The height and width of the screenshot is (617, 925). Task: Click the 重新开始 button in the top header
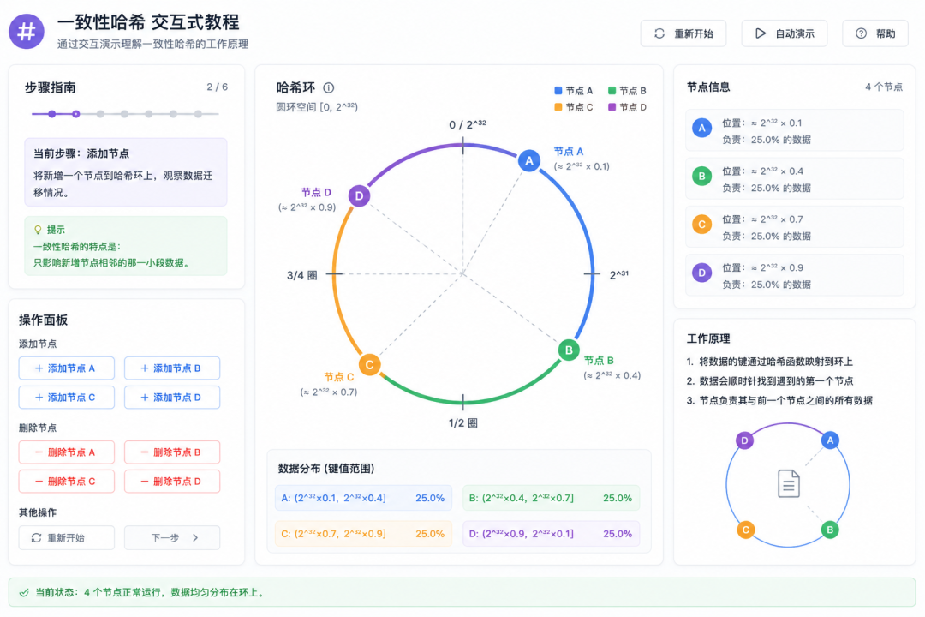tap(683, 33)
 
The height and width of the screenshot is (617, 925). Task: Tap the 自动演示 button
tap(784, 33)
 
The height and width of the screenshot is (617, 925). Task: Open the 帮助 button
tap(874, 33)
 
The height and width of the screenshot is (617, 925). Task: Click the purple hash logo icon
tap(27, 32)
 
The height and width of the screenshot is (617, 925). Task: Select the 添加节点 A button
tap(67, 368)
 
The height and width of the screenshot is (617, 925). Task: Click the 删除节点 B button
tap(172, 452)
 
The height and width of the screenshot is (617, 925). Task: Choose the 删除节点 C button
tap(67, 482)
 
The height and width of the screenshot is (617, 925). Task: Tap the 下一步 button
tap(172, 537)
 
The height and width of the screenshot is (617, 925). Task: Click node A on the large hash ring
tap(529, 160)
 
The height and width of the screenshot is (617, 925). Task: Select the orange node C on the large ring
tap(369, 364)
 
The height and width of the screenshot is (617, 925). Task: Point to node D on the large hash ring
tap(359, 196)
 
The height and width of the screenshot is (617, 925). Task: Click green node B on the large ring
tap(569, 350)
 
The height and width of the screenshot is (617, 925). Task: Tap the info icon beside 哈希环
tap(329, 88)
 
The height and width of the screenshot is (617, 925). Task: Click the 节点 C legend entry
tap(573, 107)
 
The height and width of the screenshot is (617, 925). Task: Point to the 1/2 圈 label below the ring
tap(463, 422)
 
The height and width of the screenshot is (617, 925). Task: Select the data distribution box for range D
tap(551, 533)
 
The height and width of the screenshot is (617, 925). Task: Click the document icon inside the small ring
tap(788, 483)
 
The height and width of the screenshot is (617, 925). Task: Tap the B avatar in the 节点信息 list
tap(701, 176)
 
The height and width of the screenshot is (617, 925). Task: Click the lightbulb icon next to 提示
tap(38, 230)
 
